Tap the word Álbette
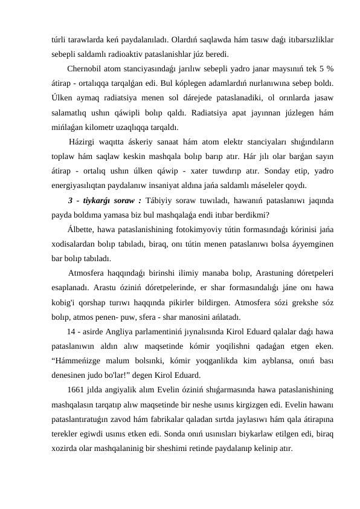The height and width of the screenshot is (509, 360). (x=83, y=228)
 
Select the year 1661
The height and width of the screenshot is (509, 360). (x=77, y=389)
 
